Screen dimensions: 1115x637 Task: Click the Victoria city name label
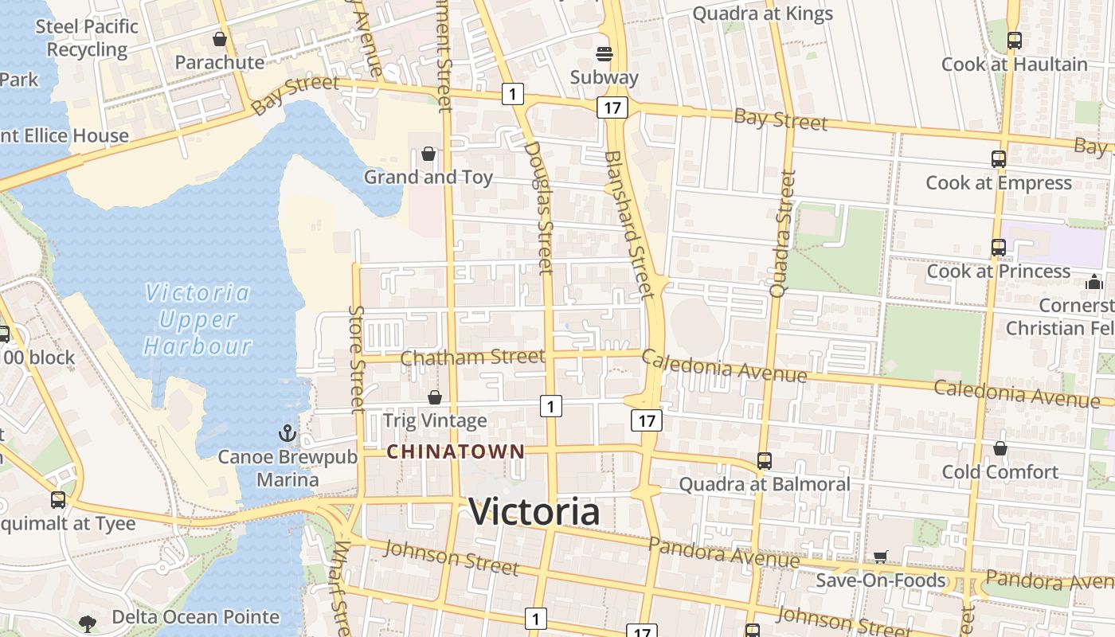[x=534, y=511]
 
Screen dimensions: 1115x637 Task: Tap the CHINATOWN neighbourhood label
[x=456, y=452]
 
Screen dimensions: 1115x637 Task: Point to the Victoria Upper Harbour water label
[x=198, y=319]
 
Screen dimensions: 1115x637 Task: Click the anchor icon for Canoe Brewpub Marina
[x=287, y=434]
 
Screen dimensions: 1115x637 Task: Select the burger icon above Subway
[x=604, y=54]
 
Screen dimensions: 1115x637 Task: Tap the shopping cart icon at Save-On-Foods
[x=880, y=557]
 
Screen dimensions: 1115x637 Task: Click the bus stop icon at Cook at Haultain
[x=1014, y=40]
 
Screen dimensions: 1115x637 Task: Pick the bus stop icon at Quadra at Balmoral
[x=764, y=460]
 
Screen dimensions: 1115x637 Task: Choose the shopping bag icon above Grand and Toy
[x=428, y=154]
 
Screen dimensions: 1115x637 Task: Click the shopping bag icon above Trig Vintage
[x=435, y=397]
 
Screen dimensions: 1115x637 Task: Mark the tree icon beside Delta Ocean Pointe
[x=88, y=623]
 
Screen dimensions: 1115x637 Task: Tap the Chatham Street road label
[x=472, y=357]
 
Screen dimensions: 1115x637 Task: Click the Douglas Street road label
[x=539, y=207]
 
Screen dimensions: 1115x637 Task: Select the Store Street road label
[x=357, y=358]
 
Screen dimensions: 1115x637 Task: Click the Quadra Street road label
[x=784, y=233]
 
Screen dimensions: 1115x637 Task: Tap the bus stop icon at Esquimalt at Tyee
[x=58, y=500]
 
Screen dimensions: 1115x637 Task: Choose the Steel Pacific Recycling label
[x=87, y=37]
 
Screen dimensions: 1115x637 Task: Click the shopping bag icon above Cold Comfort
[x=1000, y=449]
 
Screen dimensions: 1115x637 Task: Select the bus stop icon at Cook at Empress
[x=999, y=159]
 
